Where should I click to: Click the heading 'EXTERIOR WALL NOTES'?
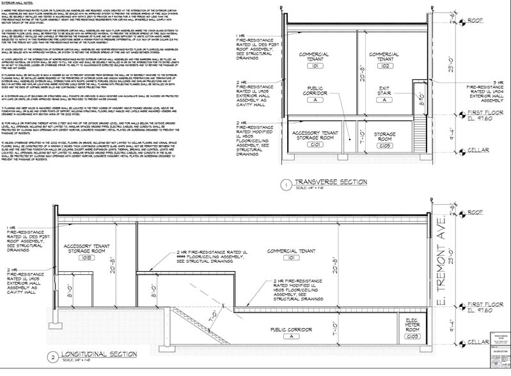20,4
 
